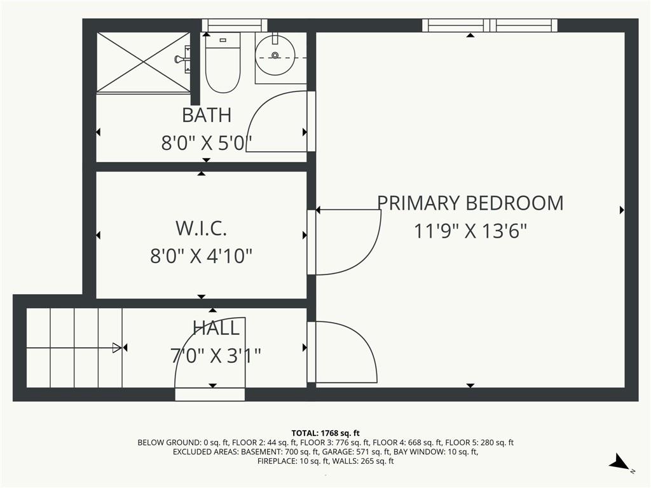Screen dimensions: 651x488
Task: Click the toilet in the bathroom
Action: pyautogui.click(x=223, y=62)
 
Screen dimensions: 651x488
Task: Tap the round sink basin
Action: pyautogui.click(x=275, y=55)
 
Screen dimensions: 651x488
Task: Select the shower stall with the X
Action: pyautogui.click(x=144, y=62)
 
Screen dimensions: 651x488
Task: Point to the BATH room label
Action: pyautogui.click(x=207, y=116)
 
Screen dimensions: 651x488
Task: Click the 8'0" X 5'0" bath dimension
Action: pyautogui.click(x=207, y=143)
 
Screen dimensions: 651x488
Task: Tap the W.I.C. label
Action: pyautogui.click(x=201, y=228)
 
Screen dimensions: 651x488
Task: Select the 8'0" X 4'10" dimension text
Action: pyautogui.click(x=201, y=255)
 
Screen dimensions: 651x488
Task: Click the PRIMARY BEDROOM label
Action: pyautogui.click(x=470, y=203)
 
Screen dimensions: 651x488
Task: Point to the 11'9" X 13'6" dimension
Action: pyautogui.click(x=470, y=231)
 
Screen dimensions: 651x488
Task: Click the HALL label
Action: pyautogui.click(x=216, y=329)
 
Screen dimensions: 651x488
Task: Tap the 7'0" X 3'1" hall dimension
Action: pyautogui.click(x=216, y=356)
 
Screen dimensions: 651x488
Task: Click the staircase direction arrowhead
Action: pyautogui.click(x=117, y=348)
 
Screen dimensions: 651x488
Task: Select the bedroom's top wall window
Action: pyautogui.click(x=490, y=25)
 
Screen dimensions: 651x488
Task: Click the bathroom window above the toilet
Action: pyautogui.click(x=235, y=25)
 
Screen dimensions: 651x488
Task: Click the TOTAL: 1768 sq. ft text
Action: pyautogui.click(x=325, y=433)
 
